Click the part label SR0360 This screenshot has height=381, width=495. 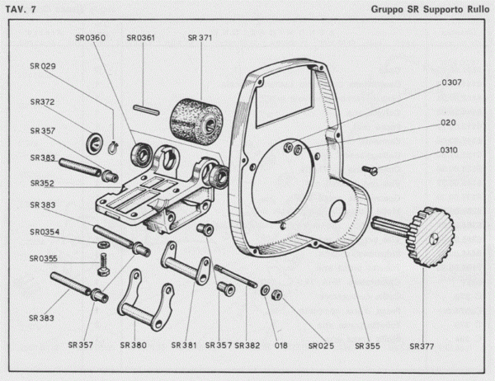point(91,37)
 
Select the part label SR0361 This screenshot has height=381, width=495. point(143,37)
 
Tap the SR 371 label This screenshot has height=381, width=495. point(201,37)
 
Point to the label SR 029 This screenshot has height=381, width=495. point(42,65)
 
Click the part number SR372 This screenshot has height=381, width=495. point(42,102)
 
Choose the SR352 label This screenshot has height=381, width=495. point(42,185)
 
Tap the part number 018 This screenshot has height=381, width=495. point(280,344)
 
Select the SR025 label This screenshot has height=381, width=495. point(320,344)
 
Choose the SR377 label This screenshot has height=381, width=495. point(425,344)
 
